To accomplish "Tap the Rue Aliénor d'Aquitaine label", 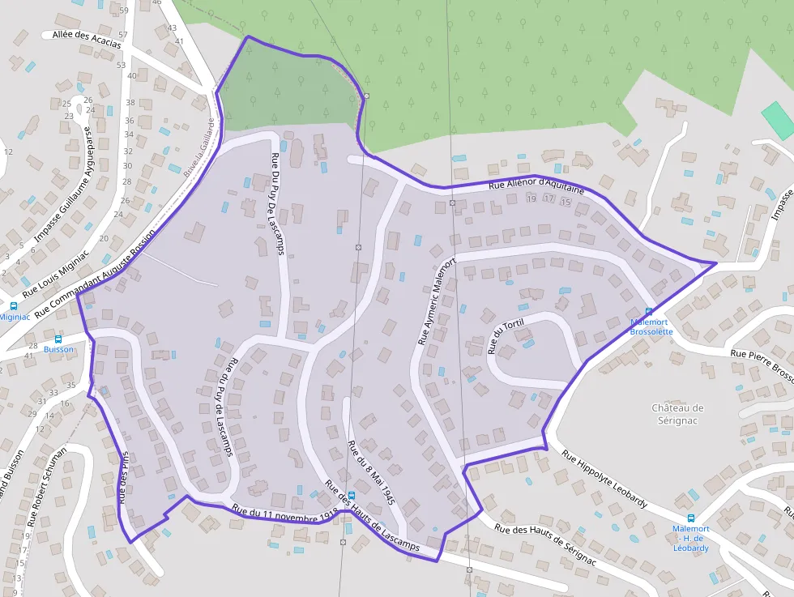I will click(x=536, y=185).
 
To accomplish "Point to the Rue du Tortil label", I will click(x=506, y=336).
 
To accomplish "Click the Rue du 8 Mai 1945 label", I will click(x=370, y=473).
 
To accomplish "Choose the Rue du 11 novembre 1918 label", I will click(x=284, y=514).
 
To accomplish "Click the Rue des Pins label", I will click(x=124, y=478).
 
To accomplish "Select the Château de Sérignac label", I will click(x=678, y=414).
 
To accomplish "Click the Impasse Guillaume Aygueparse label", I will click(x=66, y=188).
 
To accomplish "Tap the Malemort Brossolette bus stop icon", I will click(x=648, y=312).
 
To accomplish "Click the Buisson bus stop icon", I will click(x=58, y=339).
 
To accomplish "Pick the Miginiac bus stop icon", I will click(x=13, y=306).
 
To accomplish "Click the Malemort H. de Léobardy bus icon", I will click(x=690, y=518).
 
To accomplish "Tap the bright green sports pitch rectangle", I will click(x=777, y=119).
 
